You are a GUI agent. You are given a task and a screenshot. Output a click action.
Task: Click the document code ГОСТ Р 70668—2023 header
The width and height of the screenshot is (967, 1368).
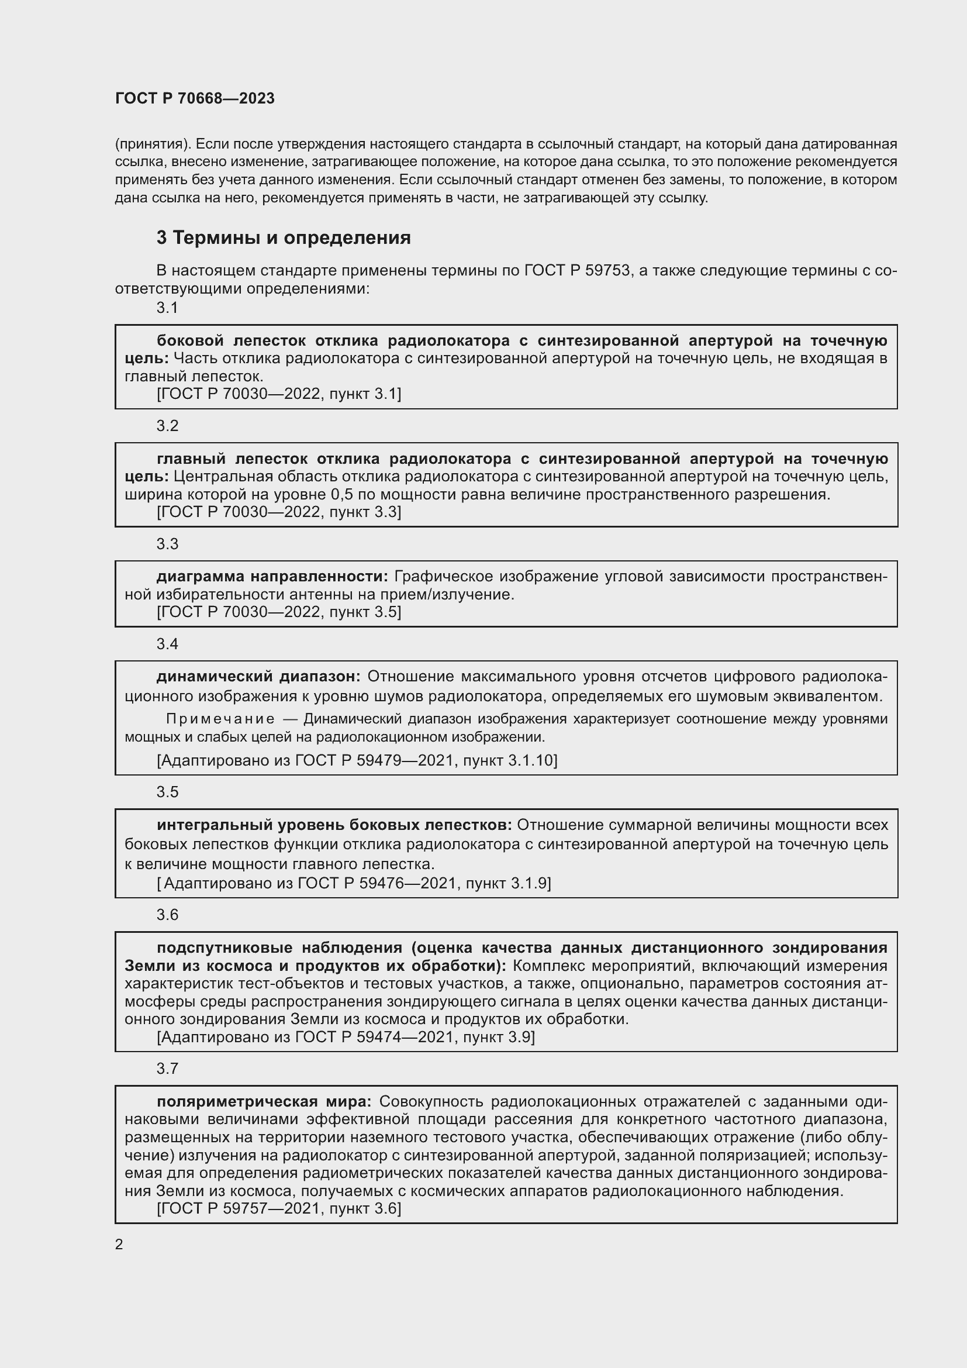click(x=195, y=98)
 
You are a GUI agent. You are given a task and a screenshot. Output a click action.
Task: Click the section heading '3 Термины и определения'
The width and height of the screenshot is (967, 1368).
click(x=284, y=237)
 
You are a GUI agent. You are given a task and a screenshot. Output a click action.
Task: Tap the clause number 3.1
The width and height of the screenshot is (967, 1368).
click(x=167, y=308)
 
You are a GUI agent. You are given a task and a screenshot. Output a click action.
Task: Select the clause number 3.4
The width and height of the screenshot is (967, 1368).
click(x=167, y=643)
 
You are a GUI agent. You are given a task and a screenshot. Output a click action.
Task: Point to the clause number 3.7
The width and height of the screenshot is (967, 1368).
click(x=167, y=1069)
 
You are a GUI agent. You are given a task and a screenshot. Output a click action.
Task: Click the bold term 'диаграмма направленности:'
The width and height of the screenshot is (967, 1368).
click(x=272, y=576)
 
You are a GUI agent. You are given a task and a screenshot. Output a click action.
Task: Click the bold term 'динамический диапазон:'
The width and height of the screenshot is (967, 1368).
click(x=258, y=676)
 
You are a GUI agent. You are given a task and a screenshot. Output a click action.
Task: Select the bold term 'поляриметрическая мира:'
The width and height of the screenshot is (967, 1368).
click(x=264, y=1101)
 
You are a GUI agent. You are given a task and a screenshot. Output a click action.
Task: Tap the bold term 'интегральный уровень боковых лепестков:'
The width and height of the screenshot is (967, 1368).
click(x=334, y=825)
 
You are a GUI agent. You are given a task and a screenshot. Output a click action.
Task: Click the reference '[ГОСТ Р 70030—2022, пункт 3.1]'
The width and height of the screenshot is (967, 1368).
click(x=279, y=393)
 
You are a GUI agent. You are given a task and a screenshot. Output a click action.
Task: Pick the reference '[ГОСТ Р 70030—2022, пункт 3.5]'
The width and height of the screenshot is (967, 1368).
click(x=279, y=611)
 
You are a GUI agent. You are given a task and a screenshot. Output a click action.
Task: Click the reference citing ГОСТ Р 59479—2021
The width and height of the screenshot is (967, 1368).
click(x=357, y=760)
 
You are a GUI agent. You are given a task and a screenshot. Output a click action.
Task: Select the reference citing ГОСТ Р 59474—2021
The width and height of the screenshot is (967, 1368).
click(x=346, y=1037)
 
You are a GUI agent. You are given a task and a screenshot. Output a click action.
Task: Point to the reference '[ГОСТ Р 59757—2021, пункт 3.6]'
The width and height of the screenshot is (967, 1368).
click(x=279, y=1208)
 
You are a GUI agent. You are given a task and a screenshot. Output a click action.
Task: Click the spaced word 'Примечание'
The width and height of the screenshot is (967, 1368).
click(x=220, y=719)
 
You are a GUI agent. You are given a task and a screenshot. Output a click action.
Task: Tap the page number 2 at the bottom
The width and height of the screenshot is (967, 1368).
click(x=119, y=1244)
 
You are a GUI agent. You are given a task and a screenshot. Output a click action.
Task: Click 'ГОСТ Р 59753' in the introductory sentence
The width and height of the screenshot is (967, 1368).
click(x=576, y=271)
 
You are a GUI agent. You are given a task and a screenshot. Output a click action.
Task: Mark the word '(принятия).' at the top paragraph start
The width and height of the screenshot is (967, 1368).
click(x=153, y=144)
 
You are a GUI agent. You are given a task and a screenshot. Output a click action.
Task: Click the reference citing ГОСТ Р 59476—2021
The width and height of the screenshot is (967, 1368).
click(x=354, y=883)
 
